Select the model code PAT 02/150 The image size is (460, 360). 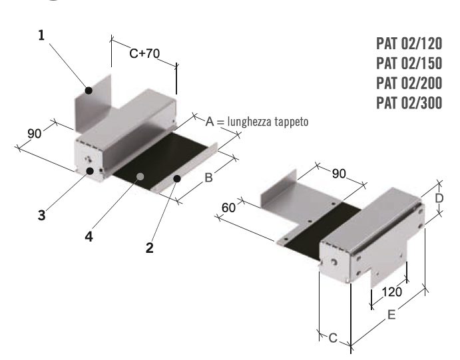coord(409,64)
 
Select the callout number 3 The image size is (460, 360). coord(41,216)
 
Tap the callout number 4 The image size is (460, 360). coord(90,236)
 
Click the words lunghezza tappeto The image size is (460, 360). coord(268,123)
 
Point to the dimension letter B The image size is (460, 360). coord(208,178)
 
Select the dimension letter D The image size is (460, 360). coord(439,198)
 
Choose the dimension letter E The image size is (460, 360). coord(391,315)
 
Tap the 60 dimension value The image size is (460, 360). coord(229,208)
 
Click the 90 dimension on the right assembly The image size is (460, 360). coord(339,173)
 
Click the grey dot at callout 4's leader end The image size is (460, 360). coord(140,177)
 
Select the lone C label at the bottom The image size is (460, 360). coord(332,337)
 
